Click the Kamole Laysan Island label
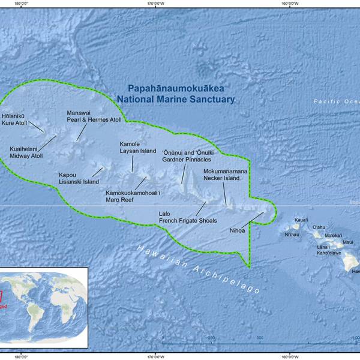pos(137,148)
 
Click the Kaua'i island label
pos(301,220)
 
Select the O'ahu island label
pos(319,227)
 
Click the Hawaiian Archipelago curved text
pos(198,268)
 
